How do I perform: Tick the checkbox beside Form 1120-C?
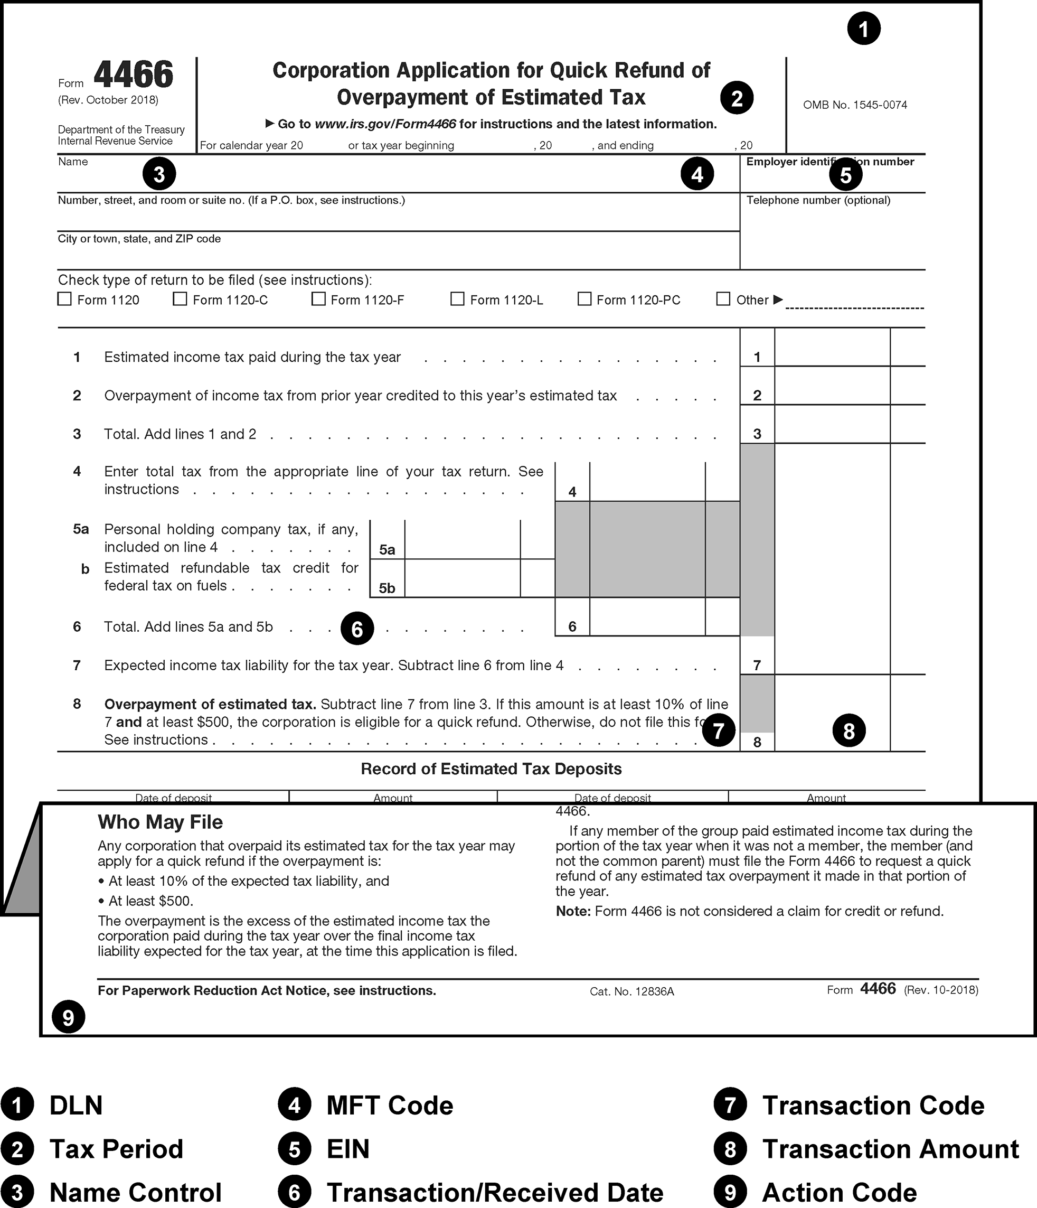(180, 299)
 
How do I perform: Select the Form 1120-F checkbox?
(318, 299)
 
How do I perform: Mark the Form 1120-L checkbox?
(458, 299)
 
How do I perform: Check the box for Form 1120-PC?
(584, 299)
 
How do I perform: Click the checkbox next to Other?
(723, 299)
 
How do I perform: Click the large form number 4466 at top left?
(134, 74)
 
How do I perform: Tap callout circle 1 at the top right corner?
(863, 29)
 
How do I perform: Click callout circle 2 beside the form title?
(737, 98)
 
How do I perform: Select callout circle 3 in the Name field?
(159, 174)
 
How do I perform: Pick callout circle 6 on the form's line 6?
(357, 629)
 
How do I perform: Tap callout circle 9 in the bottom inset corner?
(68, 1017)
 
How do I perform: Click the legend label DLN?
(76, 1106)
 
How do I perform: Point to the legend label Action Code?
(839, 1192)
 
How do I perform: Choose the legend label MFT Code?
(389, 1106)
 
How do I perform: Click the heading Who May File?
(161, 822)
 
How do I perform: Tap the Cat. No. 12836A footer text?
(631, 991)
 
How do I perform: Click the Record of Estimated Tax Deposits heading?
(491, 769)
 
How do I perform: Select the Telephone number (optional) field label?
(818, 201)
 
